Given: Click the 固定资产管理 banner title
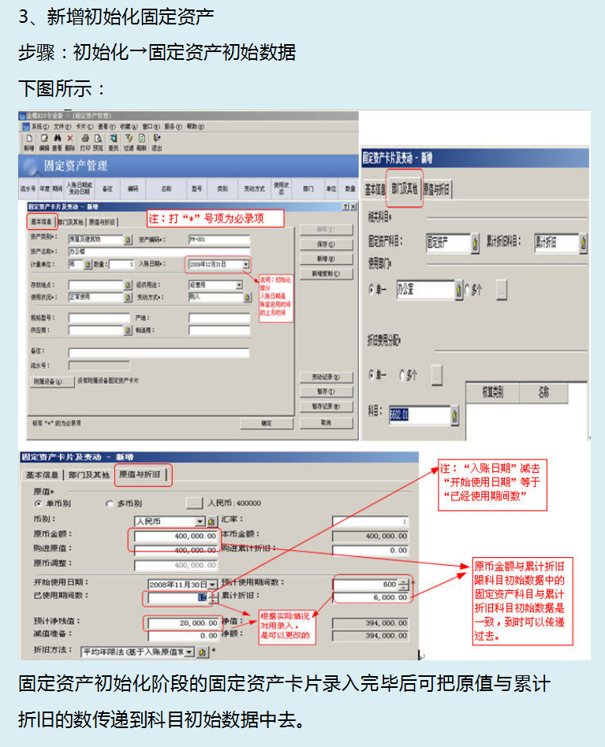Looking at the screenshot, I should click(x=76, y=166).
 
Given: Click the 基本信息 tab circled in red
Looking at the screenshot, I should click(x=41, y=221).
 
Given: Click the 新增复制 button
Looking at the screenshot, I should click(x=326, y=273).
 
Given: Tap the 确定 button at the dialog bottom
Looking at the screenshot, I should click(x=266, y=423).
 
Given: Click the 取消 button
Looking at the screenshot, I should click(x=326, y=423).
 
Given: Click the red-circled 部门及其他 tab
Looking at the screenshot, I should click(x=405, y=189).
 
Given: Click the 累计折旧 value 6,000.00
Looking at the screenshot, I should click(x=371, y=597).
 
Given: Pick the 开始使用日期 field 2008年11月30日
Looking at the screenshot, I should click(x=180, y=584).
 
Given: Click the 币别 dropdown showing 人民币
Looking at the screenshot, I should click(x=169, y=522).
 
